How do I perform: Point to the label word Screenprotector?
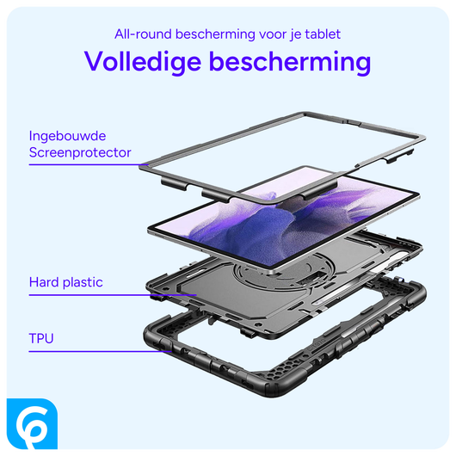click(80, 152)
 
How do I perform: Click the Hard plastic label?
click(65, 282)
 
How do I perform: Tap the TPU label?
click(41, 338)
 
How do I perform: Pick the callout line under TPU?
click(95, 350)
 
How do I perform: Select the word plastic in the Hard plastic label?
click(83, 282)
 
